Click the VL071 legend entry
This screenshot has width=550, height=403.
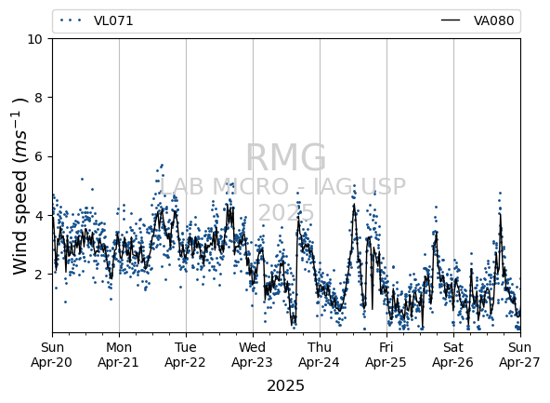97,20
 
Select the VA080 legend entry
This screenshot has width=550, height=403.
478,20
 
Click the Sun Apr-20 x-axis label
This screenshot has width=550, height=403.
52,355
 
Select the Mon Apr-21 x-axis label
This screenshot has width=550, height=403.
119,355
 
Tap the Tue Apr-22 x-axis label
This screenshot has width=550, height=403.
186,355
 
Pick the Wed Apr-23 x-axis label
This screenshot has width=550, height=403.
253,355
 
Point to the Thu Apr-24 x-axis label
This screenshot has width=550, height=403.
320,355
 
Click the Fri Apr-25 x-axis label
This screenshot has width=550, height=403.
386,355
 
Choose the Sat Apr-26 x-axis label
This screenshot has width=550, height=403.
453,355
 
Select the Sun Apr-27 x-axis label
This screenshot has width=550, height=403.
520,355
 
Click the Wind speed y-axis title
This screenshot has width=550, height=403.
20,186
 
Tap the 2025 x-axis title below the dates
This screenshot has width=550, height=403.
285,386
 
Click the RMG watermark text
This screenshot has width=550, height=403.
286,157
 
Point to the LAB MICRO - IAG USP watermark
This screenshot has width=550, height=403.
282,186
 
